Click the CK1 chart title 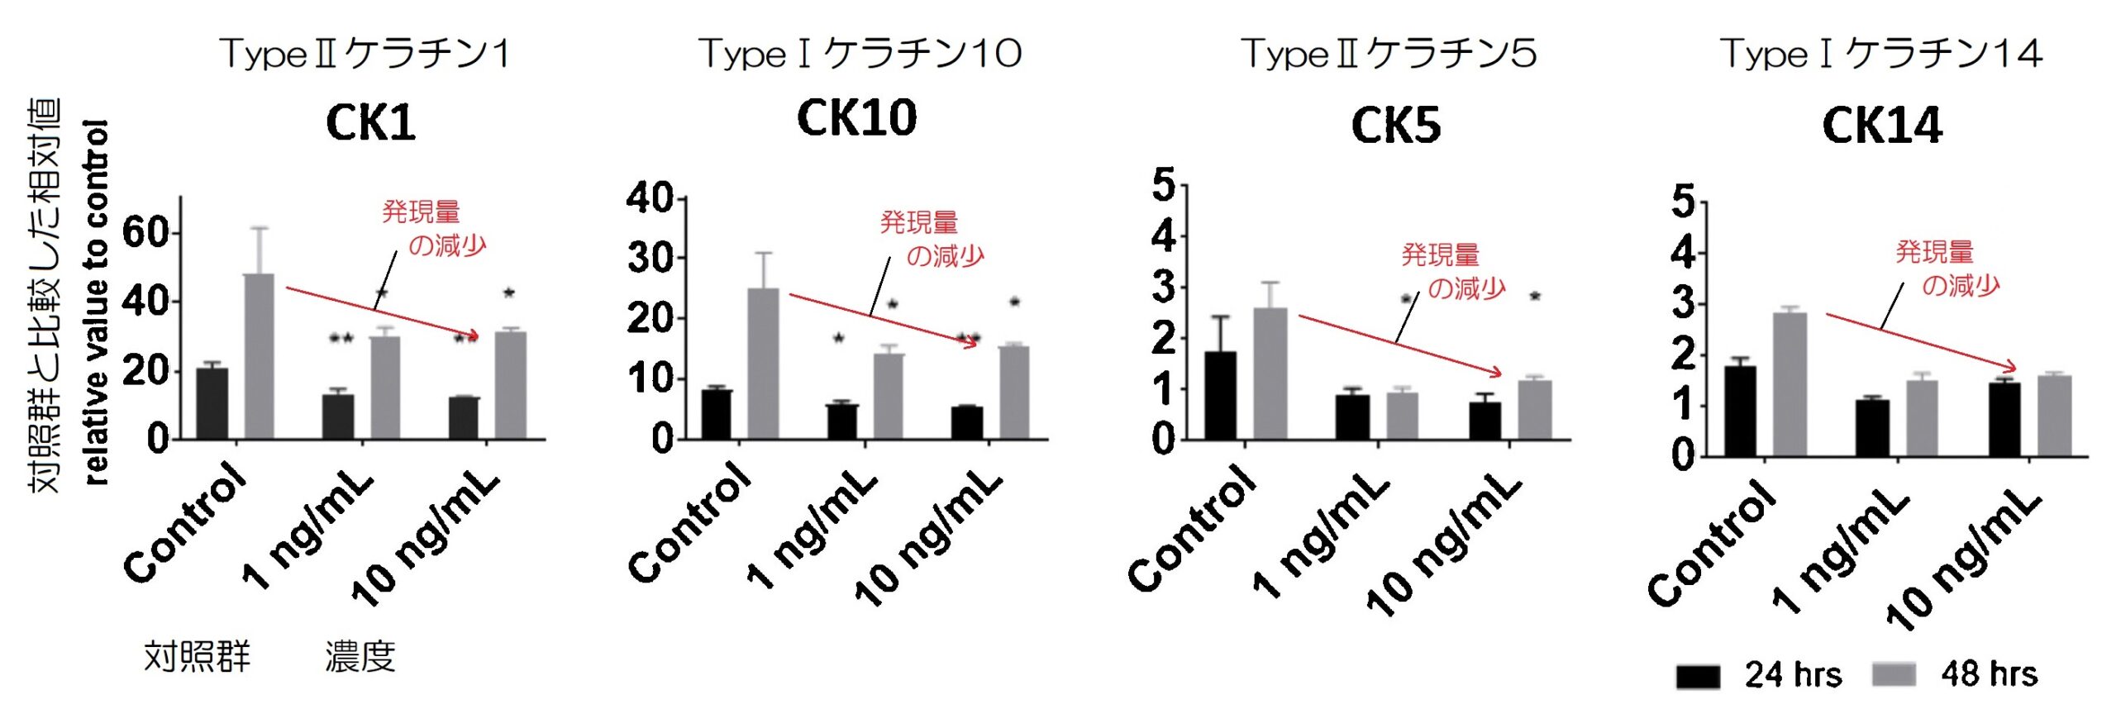(370, 124)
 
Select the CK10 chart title (856, 118)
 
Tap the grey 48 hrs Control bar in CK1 (260, 355)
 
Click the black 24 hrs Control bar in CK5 (1221, 395)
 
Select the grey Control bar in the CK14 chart (1790, 383)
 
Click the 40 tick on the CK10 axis (650, 198)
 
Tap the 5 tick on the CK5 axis (1164, 184)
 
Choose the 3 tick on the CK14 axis (1683, 304)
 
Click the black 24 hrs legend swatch (1698, 676)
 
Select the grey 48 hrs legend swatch (1893, 675)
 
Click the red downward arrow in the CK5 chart (1399, 344)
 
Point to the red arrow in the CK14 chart (1920, 341)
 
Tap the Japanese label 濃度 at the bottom (360, 658)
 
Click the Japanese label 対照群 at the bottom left (197, 658)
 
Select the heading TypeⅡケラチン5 (1389, 55)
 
